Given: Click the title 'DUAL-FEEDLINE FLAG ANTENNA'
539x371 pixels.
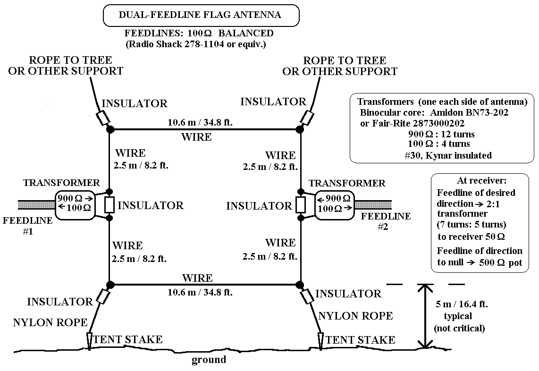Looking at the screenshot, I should coord(200,15).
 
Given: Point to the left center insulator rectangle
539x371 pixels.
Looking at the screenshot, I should coord(109,204).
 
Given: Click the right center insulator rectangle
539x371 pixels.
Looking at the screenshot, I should coord(301,204).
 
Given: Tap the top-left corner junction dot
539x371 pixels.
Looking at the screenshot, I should coord(110,129).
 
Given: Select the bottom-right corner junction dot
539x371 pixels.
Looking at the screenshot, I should coord(299,285).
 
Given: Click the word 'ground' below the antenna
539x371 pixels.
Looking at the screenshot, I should coord(209,360).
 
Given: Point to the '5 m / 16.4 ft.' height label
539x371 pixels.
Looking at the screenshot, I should coord(462,304).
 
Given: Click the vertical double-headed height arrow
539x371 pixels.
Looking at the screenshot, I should coord(426,316).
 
